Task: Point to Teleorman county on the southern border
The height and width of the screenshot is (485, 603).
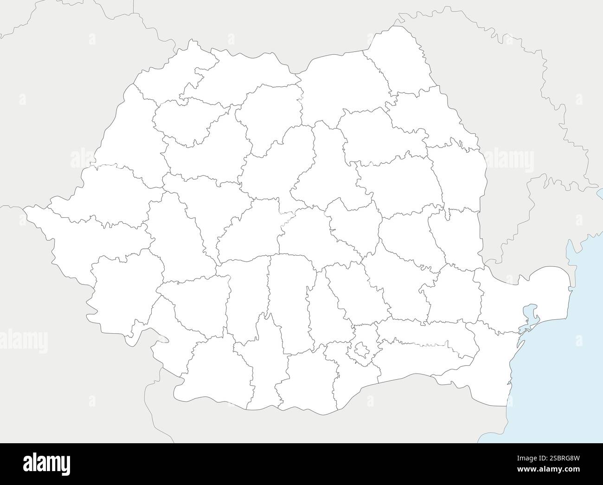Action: (306, 381)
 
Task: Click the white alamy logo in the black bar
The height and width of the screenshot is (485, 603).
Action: (46, 464)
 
